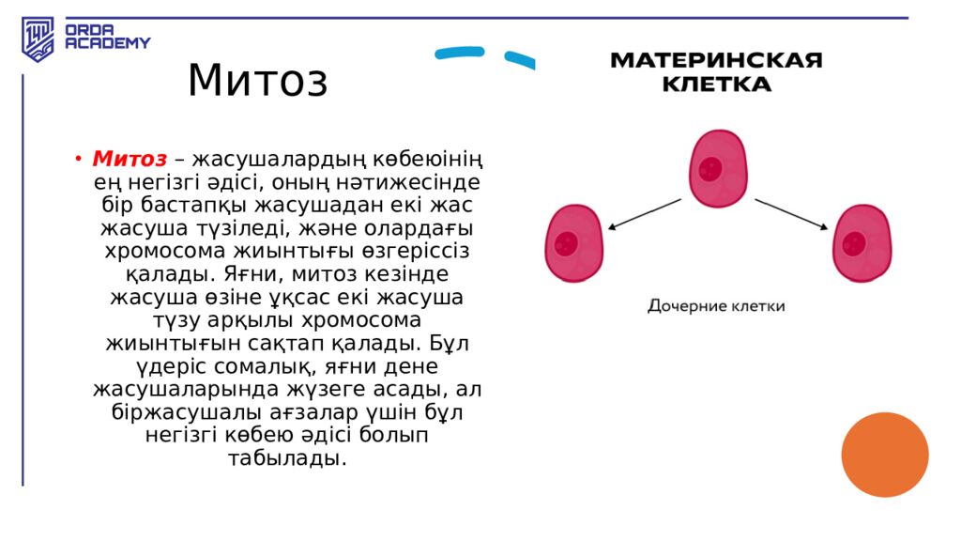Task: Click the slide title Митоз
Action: click(x=258, y=81)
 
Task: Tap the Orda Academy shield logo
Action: click(x=38, y=39)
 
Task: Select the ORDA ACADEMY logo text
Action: click(x=107, y=37)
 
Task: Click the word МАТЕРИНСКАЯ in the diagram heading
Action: click(x=716, y=61)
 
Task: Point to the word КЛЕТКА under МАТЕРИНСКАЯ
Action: click(x=716, y=85)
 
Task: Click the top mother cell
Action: click(x=718, y=169)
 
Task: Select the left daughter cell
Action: click(x=573, y=242)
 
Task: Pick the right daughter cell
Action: click(x=862, y=242)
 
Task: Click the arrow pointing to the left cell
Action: click(x=645, y=213)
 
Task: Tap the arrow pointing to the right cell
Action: click(x=791, y=213)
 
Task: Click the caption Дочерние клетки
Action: click(x=716, y=306)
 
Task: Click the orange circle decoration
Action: click(x=884, y=455)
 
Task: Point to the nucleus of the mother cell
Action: click(x=710, y=170)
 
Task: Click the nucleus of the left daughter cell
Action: click(x=566, y=244)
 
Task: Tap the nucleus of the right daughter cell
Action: click(x=853, y=244)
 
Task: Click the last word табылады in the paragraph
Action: click(x=287, y=458)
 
